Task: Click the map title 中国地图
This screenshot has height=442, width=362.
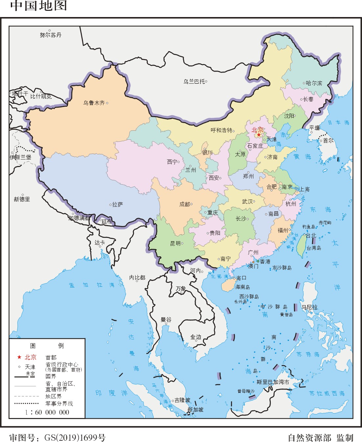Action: click(39, 6)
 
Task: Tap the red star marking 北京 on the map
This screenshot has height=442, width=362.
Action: click(259, 135)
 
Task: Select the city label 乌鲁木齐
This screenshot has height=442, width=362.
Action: click(94, 103)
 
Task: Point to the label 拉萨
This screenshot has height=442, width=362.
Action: click(117, 204)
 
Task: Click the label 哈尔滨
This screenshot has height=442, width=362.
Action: click(314, 83)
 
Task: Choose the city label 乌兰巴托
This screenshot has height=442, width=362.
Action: click(194, 81)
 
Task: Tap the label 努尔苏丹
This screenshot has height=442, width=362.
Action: click(51, 35)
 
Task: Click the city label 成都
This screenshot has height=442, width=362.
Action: click(184, 204)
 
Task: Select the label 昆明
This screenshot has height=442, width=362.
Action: click(175, 243)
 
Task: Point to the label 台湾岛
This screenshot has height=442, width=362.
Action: click(314, 248)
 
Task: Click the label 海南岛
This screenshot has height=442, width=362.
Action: click(243, 287)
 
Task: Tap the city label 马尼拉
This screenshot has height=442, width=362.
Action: click(309, 307)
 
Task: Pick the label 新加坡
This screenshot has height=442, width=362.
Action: click(195, 410)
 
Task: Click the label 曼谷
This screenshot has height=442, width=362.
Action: click(166, 319)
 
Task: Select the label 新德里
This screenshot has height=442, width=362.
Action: click(22, 199)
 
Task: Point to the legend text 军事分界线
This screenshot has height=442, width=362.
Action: click(59, 404)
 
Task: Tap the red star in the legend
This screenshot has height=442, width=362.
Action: click(19, 357)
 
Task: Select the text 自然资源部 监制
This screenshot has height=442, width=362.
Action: click(320, 437)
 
